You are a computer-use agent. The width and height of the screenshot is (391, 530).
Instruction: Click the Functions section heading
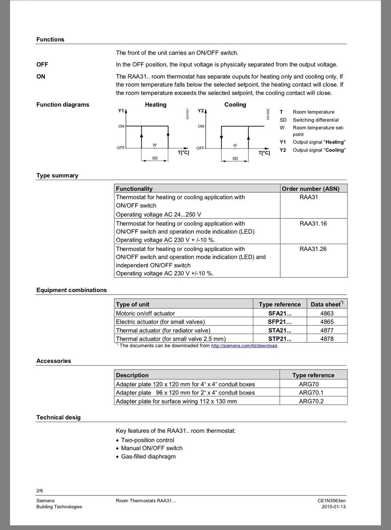coord(50,40)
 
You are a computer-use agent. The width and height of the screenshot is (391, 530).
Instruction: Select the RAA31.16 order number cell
coord(313,224)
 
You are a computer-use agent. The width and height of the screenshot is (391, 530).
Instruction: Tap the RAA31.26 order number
coord(313,249)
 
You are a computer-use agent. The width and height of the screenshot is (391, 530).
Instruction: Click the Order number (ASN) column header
coord(310,189)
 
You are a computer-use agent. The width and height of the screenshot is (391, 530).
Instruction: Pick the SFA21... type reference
coord(279,313)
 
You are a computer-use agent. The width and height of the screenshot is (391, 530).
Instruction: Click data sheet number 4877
coord(327,330)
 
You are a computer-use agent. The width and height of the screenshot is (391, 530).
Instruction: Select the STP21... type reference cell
coord(279,339)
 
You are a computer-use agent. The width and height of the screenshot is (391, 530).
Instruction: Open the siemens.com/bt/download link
coord(244,345)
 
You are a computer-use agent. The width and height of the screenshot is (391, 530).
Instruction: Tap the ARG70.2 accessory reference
coord(311,401)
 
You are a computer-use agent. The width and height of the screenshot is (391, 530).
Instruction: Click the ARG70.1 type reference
coord(311,393)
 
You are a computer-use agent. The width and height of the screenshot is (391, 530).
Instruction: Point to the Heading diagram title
coord(156,105)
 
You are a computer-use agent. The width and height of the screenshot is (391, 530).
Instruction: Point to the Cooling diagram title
coord(235,105)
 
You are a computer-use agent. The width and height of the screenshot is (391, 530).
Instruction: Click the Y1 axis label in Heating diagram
coord(121,111)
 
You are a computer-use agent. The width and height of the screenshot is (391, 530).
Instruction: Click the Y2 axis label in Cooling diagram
coord(200,111)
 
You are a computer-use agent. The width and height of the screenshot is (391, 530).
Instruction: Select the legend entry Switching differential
coord(315,120)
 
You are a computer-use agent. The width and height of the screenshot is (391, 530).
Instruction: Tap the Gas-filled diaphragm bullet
coord(148,457)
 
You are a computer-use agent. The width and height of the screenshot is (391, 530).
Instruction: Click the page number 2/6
coord(40,491)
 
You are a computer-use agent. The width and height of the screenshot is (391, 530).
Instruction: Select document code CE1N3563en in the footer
coord(332,501)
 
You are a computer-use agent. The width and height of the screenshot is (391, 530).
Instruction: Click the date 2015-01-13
coord(333,507)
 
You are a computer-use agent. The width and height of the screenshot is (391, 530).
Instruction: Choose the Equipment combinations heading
coord(71,290)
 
